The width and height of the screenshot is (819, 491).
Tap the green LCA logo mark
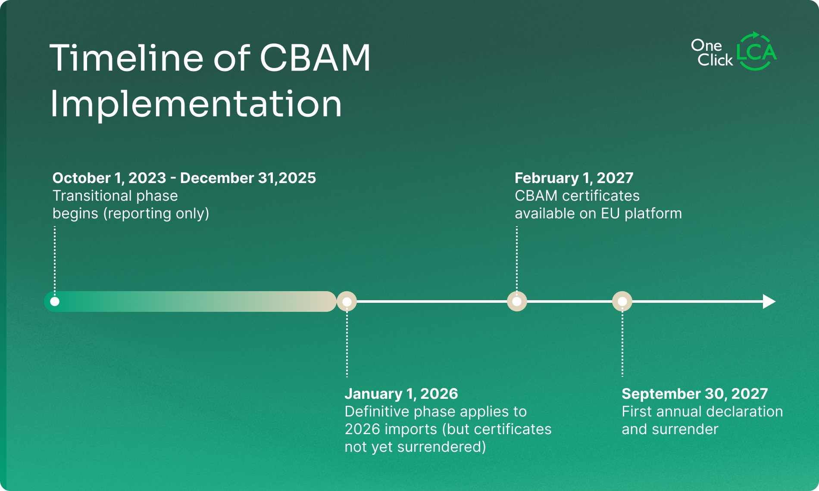[756, 52]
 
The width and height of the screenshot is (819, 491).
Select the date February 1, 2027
[574, 178]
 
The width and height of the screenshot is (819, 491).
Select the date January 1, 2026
[401, 394]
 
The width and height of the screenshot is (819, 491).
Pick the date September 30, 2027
[694, 394]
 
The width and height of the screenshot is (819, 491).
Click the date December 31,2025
[248, 178]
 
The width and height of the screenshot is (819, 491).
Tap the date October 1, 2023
[109, 178]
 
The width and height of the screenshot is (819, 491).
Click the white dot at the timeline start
[55, 301]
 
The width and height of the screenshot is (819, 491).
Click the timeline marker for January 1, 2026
[347, 301]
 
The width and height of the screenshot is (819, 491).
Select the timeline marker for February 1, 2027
[517, 301]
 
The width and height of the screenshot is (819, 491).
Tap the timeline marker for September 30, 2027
[622, 301]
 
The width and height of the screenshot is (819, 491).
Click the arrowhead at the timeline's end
[769, 301]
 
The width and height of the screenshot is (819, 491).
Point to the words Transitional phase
[115, 196]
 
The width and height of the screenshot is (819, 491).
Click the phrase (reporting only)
[156, 214]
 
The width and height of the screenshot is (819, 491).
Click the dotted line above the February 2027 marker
[517, 258]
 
